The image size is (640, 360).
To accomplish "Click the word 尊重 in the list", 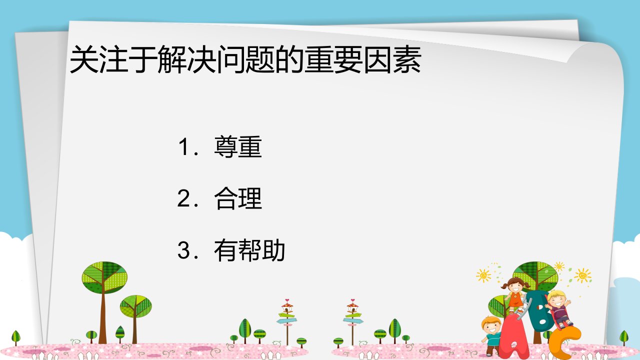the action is pyautogui.click(x=238, y=147).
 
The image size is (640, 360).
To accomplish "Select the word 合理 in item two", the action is pyautogui.click(x=238, y=198).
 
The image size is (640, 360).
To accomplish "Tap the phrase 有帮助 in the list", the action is pyautogui.click(x=249, y=250).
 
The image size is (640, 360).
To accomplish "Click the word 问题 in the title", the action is pyautogui.click(x=245, y=59).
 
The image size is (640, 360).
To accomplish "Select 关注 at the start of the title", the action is pyautogui.click(x=99, y=59).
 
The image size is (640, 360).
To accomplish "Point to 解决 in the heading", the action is pyautogui.click(x=187, y=59).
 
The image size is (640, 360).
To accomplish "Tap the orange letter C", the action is pyautogui.click(x=565, y=343).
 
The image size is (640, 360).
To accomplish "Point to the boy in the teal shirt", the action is pyautogui.click(x=492, y=335).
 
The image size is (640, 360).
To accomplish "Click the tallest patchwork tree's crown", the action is pyautogui.click(x=104, y=277).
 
